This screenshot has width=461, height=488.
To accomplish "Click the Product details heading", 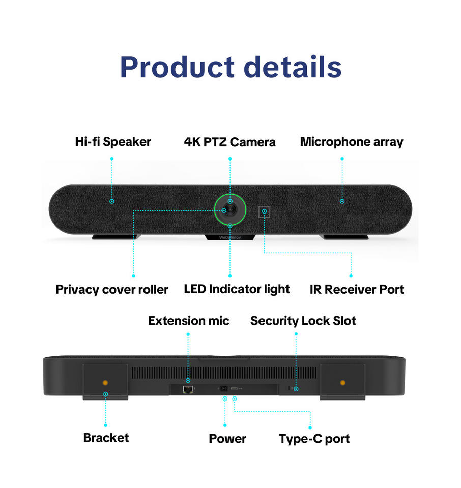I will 231,67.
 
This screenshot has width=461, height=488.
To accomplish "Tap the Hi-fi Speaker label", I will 113,141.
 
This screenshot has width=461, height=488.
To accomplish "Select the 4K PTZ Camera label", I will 229,142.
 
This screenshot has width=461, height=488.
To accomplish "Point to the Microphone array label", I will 352,141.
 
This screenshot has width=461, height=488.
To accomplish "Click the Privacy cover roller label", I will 111,289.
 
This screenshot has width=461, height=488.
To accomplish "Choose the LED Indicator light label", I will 237,289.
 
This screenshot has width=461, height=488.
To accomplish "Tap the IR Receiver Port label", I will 357,289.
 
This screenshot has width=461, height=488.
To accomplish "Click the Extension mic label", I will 189,321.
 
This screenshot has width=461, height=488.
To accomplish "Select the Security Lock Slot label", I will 303,321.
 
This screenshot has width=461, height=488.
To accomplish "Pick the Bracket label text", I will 106,438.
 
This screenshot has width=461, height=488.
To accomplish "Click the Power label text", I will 227,439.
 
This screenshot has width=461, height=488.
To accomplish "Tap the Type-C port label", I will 314,439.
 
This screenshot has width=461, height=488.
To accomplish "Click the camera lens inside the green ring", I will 231,209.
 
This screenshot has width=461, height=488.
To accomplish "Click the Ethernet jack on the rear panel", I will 188,389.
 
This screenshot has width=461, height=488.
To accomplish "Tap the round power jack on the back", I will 223,389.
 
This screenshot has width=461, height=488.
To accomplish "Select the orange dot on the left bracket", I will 105,383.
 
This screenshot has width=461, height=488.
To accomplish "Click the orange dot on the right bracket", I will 342,383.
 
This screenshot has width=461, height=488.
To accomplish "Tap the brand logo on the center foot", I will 229,237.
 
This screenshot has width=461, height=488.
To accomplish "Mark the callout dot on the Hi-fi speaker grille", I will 112,201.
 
